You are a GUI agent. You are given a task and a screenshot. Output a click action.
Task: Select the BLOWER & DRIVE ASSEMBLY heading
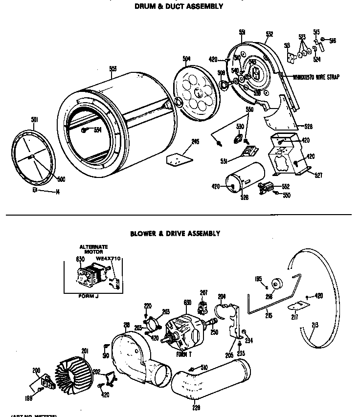point(175,234)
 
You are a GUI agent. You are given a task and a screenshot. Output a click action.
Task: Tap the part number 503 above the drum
point(113,69)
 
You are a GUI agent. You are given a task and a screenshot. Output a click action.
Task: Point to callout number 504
point(186,59)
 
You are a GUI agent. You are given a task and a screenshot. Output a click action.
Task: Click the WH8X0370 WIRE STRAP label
point(316,77)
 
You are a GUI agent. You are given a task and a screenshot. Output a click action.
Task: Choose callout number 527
point(318,175)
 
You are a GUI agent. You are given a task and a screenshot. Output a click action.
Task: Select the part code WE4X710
point(109,259)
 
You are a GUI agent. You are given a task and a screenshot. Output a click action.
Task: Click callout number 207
point(204,292)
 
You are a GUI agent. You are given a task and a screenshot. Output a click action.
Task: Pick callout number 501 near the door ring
point(21,119)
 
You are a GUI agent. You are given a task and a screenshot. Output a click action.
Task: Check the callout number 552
point(286,187)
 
